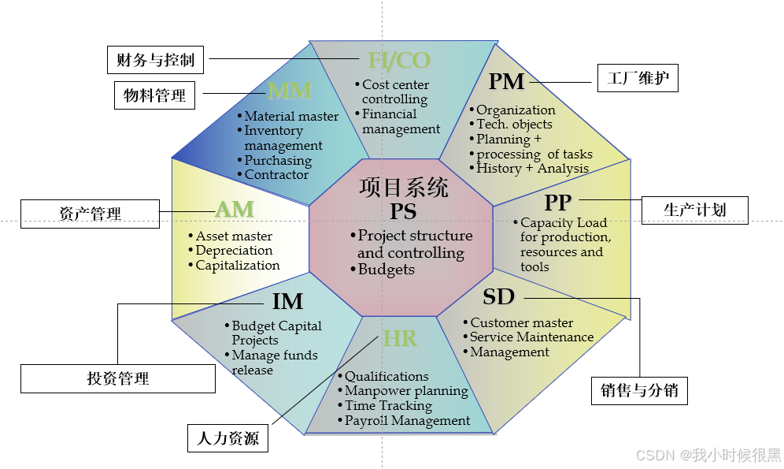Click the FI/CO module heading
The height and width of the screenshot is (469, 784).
pos(399,60)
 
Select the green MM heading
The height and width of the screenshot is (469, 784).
pos(290,91)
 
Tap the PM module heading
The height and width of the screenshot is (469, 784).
pos(506,81)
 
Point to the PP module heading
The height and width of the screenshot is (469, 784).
pos(558,203)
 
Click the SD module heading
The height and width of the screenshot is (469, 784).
pos(498,296)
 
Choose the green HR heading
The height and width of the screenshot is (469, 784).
pos(400,339)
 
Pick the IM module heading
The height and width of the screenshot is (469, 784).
pos(287,301)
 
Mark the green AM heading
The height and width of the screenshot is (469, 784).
pos(235,209)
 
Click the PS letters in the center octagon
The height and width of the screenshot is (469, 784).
pos(403,211)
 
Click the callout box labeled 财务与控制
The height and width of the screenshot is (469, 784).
pos(155,59)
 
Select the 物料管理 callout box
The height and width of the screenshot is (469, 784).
pos(155,95)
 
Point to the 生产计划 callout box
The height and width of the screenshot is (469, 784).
pos(694,209)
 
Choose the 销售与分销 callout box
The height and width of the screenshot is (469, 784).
pos(638,389)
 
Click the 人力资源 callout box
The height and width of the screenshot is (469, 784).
pos(227,437)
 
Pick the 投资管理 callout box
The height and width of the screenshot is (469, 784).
pos(118,378)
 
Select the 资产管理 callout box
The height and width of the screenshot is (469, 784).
pos(90,212)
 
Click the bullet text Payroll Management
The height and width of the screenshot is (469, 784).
pos(408,421)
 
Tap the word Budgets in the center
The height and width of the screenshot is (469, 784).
pos(386,270)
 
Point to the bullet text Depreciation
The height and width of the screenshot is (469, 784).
pos(234,251)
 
